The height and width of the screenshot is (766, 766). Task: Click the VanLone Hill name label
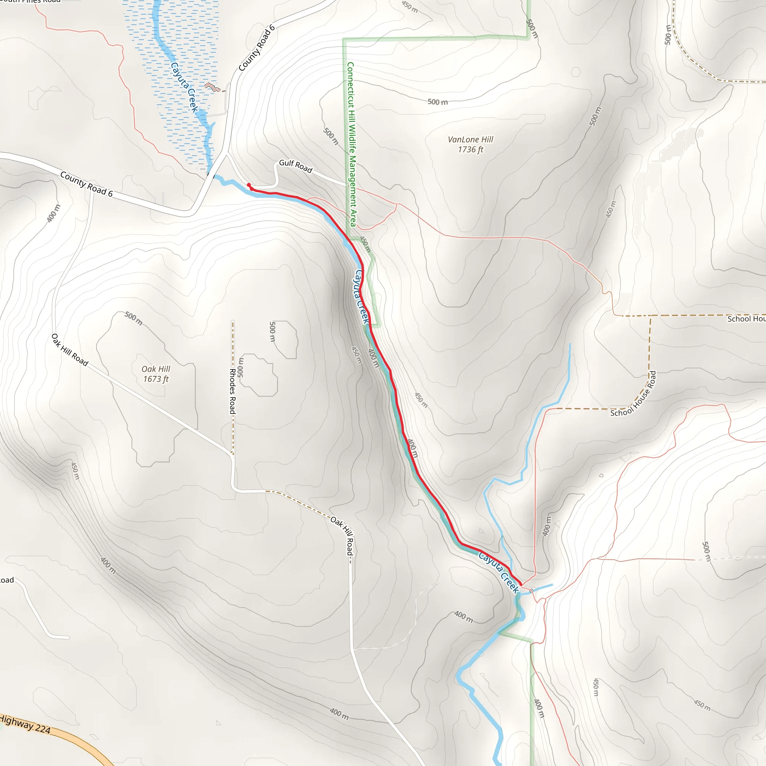(x=470, y=140)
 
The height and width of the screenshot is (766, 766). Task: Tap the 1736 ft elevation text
(x=470, y=150)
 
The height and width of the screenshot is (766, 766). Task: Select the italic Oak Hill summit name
(x=156, y=369)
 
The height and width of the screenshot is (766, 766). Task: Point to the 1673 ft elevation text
(x=156, y=379)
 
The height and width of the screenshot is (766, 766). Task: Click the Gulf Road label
(x=295, y=166)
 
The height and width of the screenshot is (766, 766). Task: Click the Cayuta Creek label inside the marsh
(x=184, y=87)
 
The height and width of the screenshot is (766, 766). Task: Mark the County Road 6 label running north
(x=257, y=48)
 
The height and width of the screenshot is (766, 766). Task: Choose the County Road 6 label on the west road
(x=86, y=184)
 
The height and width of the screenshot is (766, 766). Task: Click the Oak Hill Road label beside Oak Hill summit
(x=70, y=350)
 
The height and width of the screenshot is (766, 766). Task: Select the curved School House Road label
(x=634, y=394)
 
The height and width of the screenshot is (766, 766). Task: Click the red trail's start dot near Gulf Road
(x=249, y=185)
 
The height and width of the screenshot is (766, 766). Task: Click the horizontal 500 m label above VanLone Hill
(x=438, y=102)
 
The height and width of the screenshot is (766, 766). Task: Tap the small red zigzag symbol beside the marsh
(x=212, y=87)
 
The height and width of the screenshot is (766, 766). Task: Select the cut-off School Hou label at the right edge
(x=746, y=319)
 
